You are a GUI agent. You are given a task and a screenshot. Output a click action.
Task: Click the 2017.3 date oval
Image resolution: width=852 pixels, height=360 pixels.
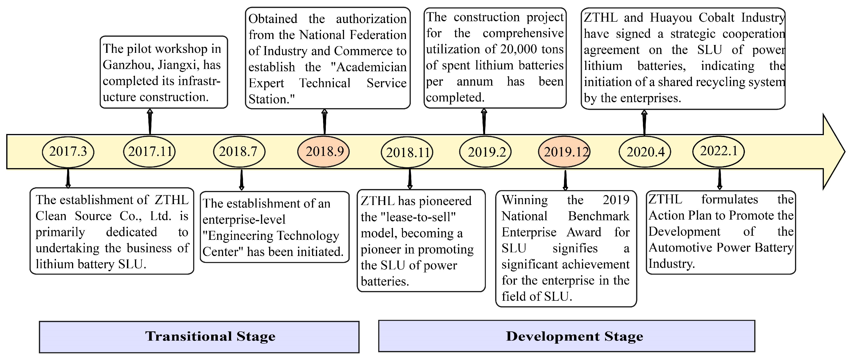tap(68, 152)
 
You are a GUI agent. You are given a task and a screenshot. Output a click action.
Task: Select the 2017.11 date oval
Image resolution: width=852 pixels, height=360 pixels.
tap(150, 152)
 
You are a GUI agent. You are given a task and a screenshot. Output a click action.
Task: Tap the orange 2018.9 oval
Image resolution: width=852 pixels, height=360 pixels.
tap(324, 152)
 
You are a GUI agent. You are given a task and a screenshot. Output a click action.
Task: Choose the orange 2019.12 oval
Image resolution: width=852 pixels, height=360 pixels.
tap(565, 152)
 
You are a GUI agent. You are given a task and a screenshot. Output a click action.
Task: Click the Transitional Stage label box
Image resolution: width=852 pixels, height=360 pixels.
tap(199, 336)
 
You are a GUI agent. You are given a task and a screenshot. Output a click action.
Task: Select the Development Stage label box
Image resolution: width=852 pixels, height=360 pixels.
tap(567, 336)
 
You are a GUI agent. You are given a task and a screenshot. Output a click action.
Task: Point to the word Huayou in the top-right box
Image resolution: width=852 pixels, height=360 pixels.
tap(671, 18)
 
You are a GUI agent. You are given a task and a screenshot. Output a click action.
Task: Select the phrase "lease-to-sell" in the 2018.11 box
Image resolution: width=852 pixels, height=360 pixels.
tap(418, 217)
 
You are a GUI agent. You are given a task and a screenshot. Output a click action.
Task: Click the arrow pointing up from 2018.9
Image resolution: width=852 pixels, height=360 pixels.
tap(324, 122)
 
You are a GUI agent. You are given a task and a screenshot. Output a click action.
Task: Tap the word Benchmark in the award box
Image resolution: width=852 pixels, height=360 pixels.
tap(599, 216)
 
